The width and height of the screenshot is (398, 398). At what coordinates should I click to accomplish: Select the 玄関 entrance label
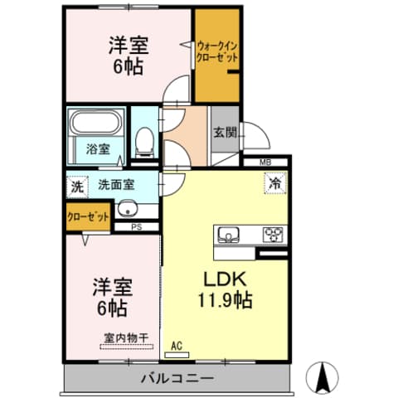tap(224, 131)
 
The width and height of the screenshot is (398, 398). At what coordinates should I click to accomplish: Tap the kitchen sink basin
tap(229, 234)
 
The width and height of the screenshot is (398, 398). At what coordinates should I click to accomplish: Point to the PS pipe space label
tap(136, 226)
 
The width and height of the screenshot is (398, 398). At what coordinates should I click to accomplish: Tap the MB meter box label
tap(265, 162)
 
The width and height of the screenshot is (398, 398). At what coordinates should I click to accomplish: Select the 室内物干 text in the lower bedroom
tap(124, 337)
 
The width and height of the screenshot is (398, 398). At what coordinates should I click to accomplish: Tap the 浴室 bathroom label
tap(98, 149)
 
